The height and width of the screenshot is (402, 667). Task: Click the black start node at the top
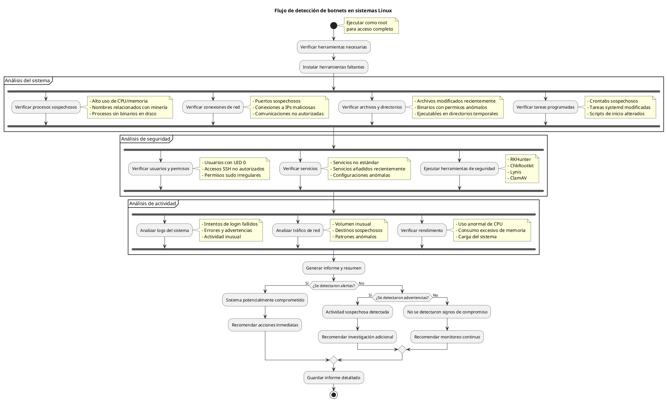pos(333,26)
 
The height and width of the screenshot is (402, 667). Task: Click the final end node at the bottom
pos(333,395)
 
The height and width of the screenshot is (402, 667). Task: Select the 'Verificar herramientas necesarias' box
pos(333,47)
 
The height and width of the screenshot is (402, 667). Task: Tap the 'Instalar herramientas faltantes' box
pos(333,67)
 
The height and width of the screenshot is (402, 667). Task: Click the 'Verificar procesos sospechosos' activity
pos(46,107)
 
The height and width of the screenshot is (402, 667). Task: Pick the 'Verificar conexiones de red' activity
pos(213,107)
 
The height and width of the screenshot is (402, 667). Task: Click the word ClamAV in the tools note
pos(518,178)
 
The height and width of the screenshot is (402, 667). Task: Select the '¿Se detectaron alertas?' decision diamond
pos(333,286)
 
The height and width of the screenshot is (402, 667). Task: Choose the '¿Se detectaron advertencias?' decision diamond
pos(402,298)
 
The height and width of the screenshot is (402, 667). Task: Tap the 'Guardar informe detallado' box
pos(333,378)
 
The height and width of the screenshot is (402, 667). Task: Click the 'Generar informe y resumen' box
pos(333,268)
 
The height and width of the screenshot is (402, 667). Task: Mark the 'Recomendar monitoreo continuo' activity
pos(447,337)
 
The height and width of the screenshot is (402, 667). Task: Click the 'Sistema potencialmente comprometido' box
pos(265,300)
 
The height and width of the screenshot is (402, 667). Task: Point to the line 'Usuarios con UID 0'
pos(225,163)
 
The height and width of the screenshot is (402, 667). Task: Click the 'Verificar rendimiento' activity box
pos(422,231)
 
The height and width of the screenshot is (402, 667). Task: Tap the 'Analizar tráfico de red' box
pos(298,231)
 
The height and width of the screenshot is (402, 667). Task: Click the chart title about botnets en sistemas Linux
pos(333,11)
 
